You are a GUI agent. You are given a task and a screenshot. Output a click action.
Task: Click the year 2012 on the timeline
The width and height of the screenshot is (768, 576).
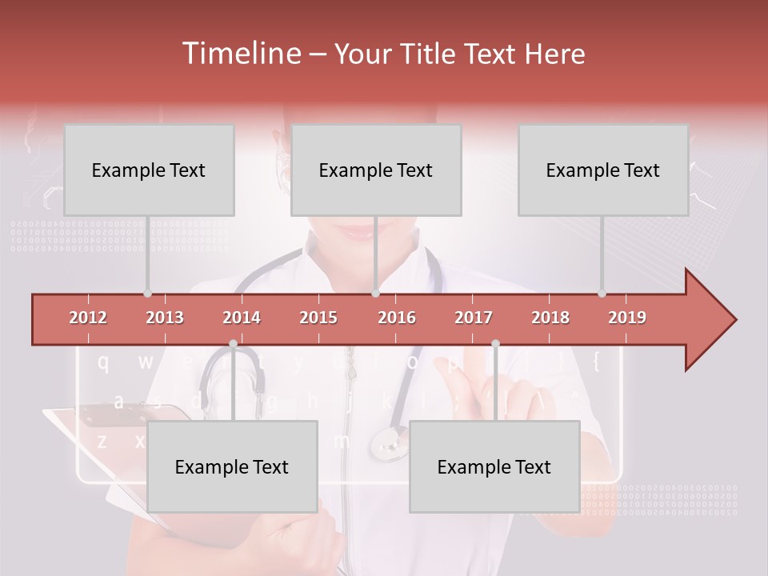click(x=88, y=318)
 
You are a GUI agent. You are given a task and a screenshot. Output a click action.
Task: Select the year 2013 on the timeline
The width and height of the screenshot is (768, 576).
click(x=165, y=318)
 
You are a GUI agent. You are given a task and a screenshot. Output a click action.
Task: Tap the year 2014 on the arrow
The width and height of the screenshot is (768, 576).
click(x=242, y=318)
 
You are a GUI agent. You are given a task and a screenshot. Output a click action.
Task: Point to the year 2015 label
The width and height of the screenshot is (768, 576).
click(x=318, y=318)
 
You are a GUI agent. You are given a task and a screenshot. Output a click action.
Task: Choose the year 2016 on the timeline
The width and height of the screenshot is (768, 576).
click(x=397, y=318)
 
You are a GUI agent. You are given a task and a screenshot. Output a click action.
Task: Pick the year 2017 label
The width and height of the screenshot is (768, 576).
click(x=474, y=318)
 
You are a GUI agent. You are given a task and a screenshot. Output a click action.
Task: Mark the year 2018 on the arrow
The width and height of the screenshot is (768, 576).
click(x=550, y=318)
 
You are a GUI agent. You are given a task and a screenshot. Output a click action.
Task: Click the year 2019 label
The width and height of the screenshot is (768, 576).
click(x=627, y=318)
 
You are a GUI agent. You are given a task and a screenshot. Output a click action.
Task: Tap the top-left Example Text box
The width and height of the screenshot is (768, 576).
click(x=149, y=170)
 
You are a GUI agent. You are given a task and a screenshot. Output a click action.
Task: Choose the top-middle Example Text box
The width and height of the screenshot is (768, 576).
click(x=376, y=170)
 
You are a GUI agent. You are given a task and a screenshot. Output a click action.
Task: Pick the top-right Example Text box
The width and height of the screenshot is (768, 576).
click(x=603, y=170)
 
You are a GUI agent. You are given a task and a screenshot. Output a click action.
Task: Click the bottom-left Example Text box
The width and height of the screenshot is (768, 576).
click(x=232, y=466)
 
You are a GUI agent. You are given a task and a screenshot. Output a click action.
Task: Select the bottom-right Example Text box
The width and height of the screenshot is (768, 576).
click(x=494, y=466)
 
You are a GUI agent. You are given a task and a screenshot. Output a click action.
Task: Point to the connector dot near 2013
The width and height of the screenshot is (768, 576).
click(x=147, y=294)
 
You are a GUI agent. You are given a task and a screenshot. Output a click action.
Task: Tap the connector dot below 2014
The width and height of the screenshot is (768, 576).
click(x=233, y=344)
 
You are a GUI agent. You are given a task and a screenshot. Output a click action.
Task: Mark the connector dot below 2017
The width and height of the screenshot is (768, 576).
click(x=495, y=344)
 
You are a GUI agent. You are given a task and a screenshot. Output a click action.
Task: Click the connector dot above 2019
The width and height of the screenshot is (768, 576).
click(x=602, y=294)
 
